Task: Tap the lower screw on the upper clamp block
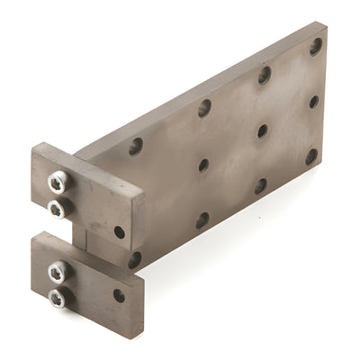pyautogui.click(x=57, y=209)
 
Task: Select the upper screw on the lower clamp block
pyautogui.click(x=57, y=269)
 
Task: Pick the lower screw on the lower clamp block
pyautogui.click(x=57, y=297)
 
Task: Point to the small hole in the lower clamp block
pyautogui.click(x=119, y=295)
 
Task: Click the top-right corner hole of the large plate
pyautogui.click(x=316, y=45)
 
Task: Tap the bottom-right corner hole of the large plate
pyautogui.click(x=311, y=157)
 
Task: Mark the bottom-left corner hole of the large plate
pyautogui.click(x=134, y=260)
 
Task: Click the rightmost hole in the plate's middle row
pyautogui.click(x=314, y=102)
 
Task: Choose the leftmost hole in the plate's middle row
pyautogui.click(x=203, y=166)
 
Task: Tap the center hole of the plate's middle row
pyautogui.click(x=262, y=131)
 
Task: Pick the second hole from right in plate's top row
pyautogui.click(x=265, y=75)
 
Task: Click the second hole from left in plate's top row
pyautogui.click(x=204, y=108)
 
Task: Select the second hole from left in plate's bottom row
pyautogui.click(x=202, y=220)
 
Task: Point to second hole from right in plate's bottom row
pyautogui.click(x=260, y=186)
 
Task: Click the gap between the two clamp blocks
pyautogui.click(x=81, y=236)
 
